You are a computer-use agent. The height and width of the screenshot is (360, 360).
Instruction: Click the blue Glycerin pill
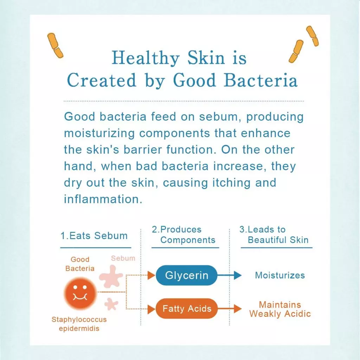tap(186, 275)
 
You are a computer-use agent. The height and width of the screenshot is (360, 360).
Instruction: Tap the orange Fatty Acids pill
tap(186, 309)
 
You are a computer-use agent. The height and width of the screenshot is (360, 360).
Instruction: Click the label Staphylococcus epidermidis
tap(79, 324)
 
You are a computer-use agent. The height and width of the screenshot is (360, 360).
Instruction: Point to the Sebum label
tap(123, 258)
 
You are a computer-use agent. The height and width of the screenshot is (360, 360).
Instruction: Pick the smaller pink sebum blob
tap(111, 304)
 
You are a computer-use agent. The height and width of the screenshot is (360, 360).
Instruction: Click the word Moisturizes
tap(280, 275)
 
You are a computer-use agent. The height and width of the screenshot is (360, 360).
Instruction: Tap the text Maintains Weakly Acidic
tap(280, 309)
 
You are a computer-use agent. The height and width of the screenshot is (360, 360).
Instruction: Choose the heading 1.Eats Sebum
tap(94, 236)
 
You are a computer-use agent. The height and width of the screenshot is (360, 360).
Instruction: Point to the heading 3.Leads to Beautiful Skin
tap(274, 235)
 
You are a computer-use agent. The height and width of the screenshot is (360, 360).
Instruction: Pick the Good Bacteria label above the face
tap(80, 264)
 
